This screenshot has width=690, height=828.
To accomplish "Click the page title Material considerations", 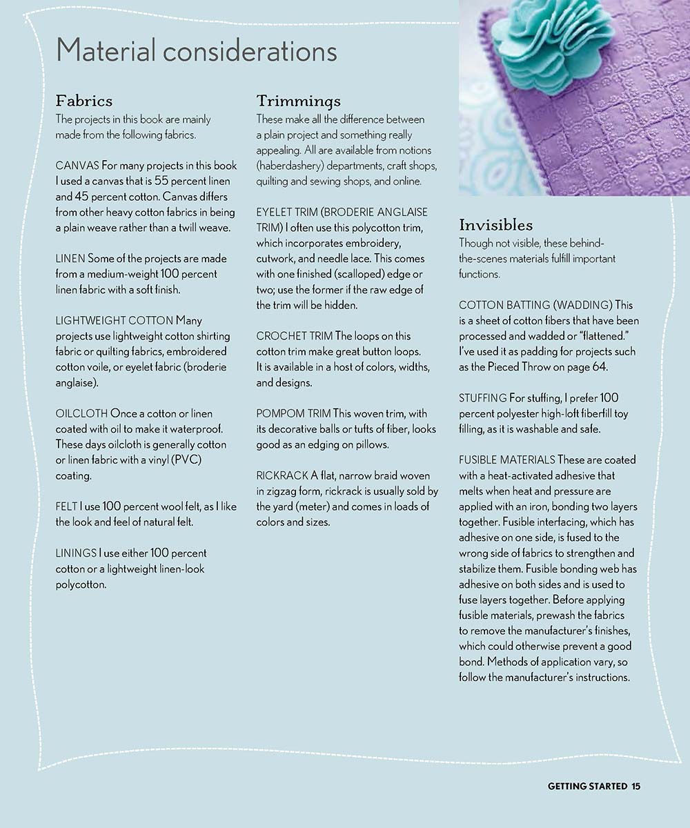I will pos(196,51).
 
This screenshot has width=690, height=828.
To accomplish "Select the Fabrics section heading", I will pos(83,101).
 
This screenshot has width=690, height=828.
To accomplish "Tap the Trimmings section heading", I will pos(298,101).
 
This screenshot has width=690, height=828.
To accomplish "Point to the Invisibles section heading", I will pos(495,225).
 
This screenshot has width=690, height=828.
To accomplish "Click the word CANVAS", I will pos(77,166).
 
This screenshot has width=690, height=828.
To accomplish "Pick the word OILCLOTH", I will pos(81,413).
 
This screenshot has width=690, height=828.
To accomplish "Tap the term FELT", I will pos(66,506).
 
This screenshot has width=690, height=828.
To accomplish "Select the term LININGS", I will pos(76,553).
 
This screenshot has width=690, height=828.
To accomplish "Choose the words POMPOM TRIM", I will pos(293,413).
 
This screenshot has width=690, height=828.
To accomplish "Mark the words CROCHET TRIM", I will pos(294,336).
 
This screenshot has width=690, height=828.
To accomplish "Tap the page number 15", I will pos(635,786).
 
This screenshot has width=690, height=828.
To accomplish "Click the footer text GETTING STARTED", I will pos(587,786).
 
